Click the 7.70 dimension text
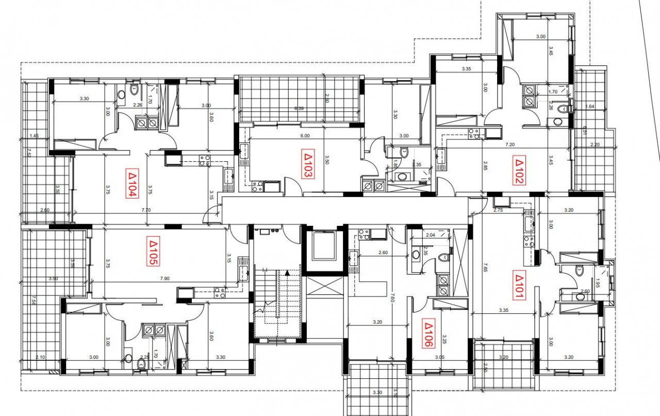tap(146, 210)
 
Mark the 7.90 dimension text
tap(165, 279)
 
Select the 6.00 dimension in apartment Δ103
tap(305, 136)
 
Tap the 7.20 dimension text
tap(510, 146)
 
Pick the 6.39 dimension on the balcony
tap(299, 109)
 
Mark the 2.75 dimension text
tap(498, 210)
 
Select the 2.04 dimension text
tap(431, 235)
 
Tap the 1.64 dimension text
tap(590, 107)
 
